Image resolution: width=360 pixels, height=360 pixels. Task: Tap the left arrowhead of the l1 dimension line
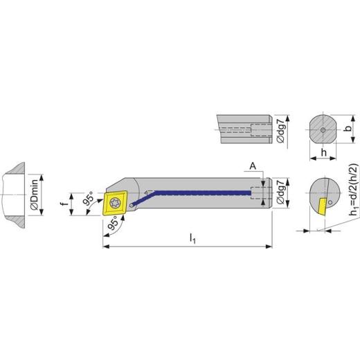tap(105, 246)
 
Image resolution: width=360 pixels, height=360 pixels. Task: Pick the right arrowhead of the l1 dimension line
tap(269, 246)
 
